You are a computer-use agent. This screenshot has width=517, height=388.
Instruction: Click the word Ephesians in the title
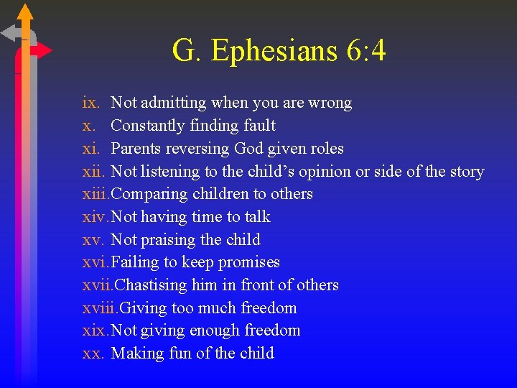coord(265,52)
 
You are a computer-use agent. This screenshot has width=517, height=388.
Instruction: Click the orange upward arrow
coord(25,13)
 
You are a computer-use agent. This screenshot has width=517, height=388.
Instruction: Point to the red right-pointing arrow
coord(43,51)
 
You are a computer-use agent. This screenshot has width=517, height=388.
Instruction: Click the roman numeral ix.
coord(90,103)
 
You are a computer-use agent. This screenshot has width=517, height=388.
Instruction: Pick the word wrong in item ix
coord(330,103)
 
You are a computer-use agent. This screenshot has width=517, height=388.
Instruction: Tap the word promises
coord(251,262)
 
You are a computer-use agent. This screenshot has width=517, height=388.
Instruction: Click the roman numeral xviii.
coord(100,308)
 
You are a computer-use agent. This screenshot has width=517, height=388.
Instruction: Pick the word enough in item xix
coord(215,331)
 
